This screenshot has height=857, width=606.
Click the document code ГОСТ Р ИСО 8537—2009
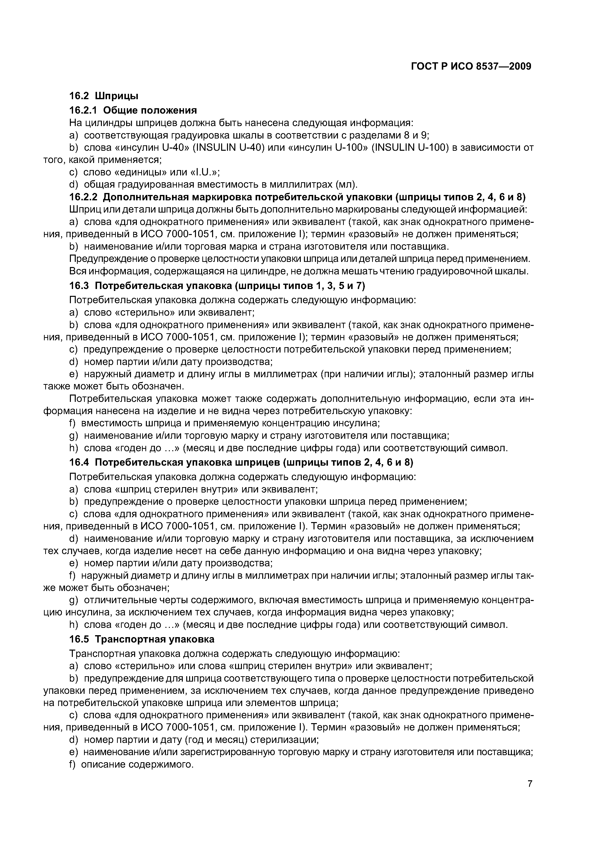pyautogui.click(x=471, y=66)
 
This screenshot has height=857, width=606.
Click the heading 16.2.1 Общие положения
pyautogui.click(x=133, y=110)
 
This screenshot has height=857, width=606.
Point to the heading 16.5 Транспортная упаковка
pyautogui.click(x=142, y=639)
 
